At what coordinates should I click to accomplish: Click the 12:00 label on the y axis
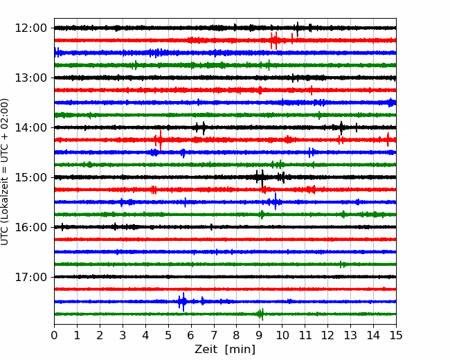[x=30, y=28]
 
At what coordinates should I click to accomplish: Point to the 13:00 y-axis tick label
[x=30, y=78]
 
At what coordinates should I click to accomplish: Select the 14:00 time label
[x=30, y=127]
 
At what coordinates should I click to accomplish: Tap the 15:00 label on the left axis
[x=30, y=177]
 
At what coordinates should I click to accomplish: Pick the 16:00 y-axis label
[x=30, y=227]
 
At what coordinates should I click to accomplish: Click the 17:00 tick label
[x=30, y=277]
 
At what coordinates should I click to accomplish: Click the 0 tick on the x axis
[x=54, y=335]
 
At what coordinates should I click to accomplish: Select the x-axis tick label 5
[x=168, y=335]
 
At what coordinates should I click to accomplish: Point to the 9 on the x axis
[x=259, y=335]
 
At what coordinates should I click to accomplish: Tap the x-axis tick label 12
[x=327, y=335]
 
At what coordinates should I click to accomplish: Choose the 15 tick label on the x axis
[x=396, y=335]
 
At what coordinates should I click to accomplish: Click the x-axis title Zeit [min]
[x=225, y=350]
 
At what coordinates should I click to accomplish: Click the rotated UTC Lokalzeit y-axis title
[x=5, y=172]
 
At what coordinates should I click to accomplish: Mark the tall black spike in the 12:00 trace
[x=297, y=29]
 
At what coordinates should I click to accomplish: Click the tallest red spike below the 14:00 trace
[x=161, y=141]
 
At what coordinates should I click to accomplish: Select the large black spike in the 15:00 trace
[x=262, y=179]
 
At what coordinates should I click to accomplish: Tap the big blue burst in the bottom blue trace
[x=183, y=302]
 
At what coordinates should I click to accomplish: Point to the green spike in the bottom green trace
[x=262, y=314]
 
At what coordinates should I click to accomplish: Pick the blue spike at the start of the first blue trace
[x=57, y=53]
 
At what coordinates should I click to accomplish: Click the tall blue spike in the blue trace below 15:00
[x=276, y=201]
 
